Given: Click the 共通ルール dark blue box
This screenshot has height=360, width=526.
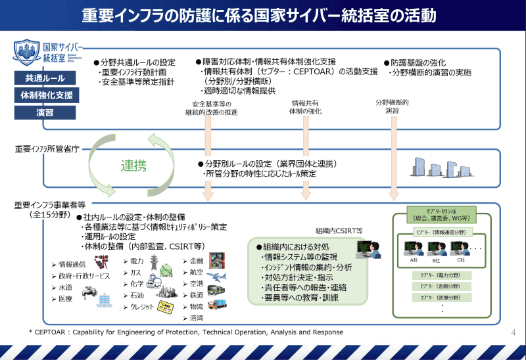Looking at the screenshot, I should (45, 78).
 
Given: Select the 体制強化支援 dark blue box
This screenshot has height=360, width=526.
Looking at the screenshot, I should (45, 95).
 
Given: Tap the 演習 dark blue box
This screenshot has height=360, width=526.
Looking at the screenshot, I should (45, 112).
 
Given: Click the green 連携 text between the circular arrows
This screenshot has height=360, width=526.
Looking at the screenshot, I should (133, 166).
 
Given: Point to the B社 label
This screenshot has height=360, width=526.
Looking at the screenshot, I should (436, 260).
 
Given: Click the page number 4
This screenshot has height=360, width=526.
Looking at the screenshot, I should (513, 332).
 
